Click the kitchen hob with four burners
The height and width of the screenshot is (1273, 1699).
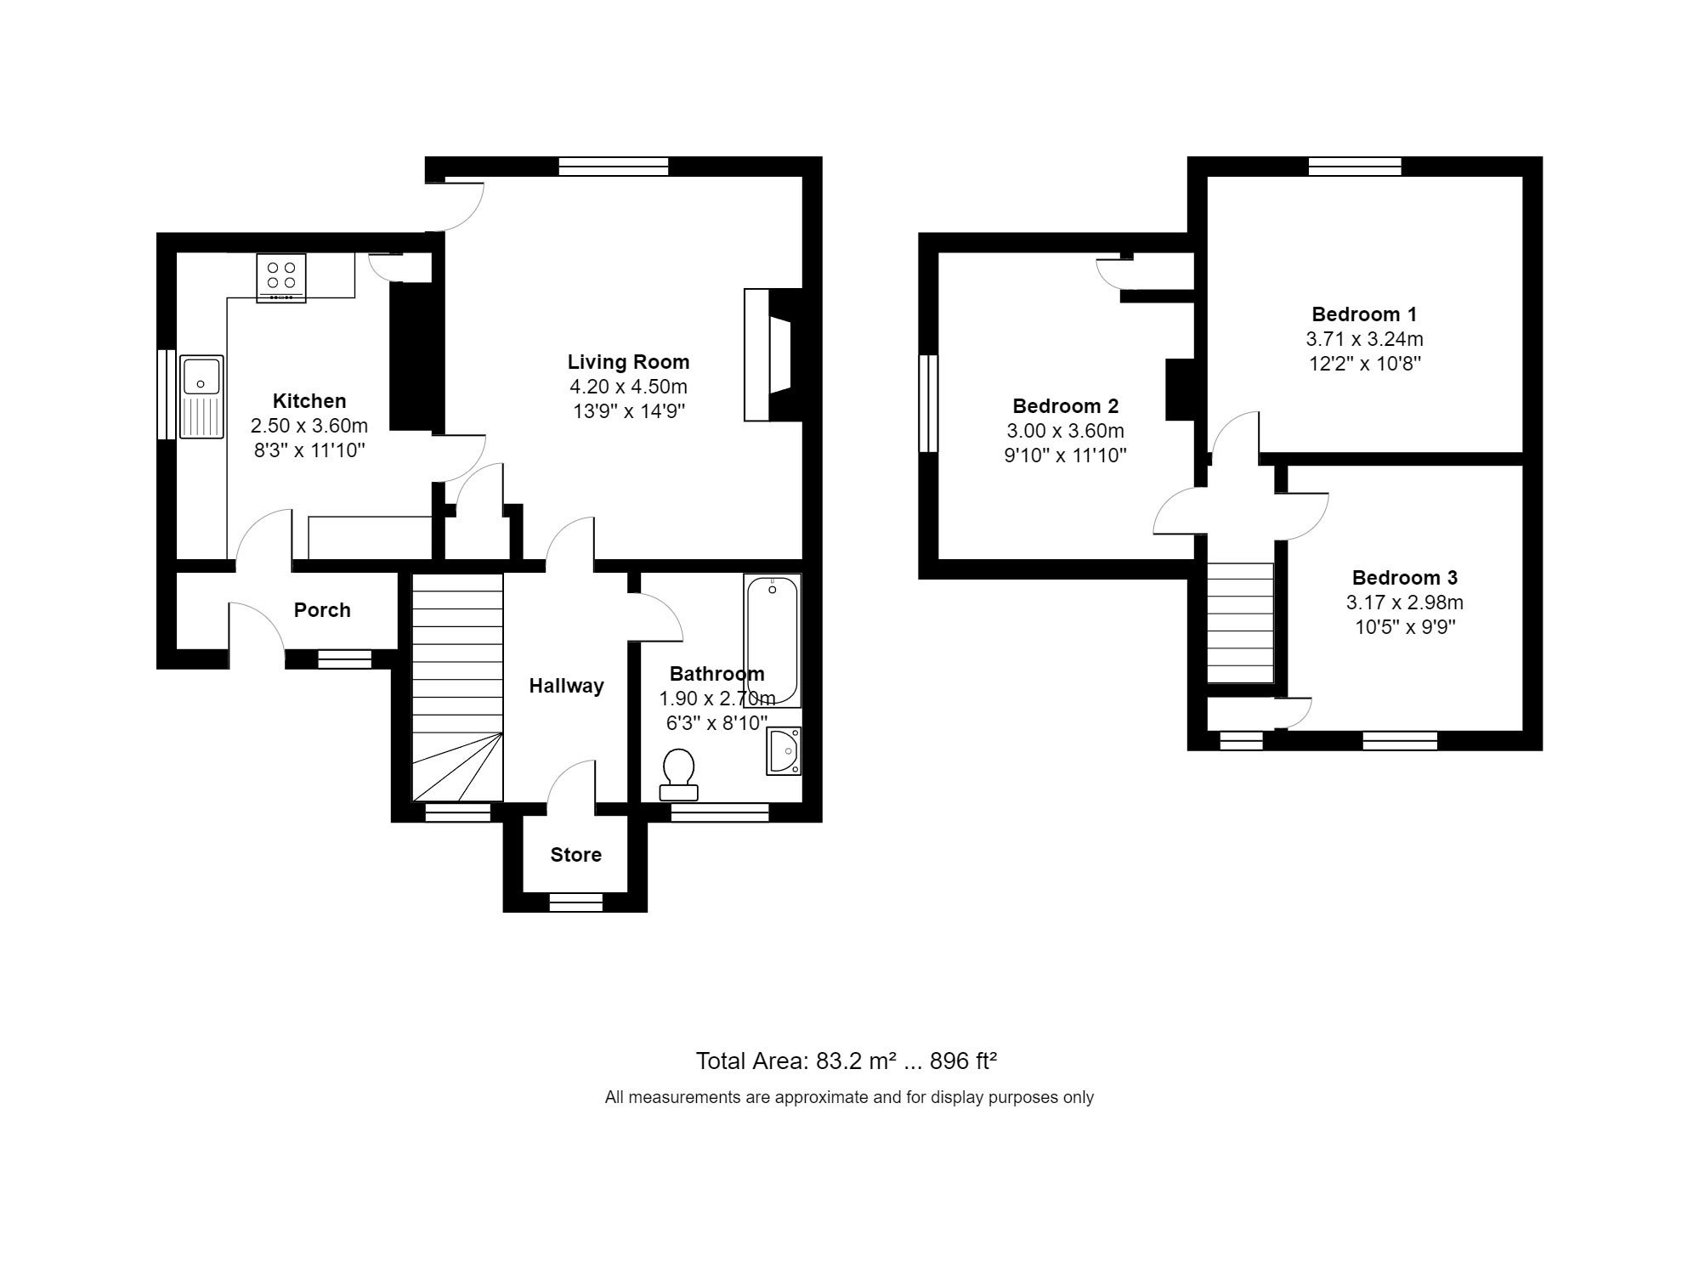point(280,277)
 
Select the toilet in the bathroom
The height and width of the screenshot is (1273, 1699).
point(678,774)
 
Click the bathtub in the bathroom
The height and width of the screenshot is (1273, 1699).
point(773,641)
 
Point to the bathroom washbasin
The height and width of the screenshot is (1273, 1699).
point(783,750)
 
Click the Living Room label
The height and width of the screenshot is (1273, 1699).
point(628,362)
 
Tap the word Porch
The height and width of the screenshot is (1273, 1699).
point(322,610)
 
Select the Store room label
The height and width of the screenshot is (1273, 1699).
point(575,855)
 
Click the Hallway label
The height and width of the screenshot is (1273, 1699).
point(566,686)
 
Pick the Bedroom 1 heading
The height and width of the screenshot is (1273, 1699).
point(1364,314)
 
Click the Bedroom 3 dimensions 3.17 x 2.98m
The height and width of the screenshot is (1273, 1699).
point(1404,603)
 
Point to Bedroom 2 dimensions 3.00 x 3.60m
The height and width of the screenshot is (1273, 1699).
point(1065,431)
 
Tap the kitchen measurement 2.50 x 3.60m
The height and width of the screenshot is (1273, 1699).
point(309,425)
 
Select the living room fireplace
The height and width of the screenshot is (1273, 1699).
point(773,354)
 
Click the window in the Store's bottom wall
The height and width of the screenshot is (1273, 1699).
point(575,902)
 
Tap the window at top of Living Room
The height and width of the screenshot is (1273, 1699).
point(613,167)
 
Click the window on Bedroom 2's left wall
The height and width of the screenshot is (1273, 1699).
point(928,403)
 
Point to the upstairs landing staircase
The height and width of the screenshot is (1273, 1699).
point(1241,623)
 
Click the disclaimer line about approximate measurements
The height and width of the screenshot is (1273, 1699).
point(849,1097)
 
